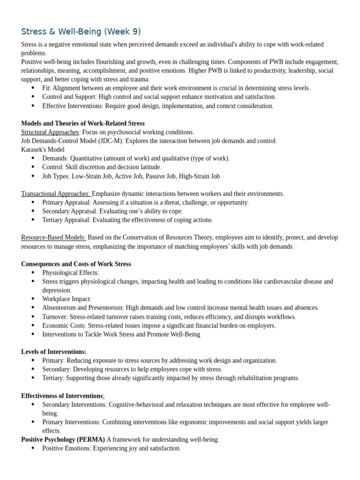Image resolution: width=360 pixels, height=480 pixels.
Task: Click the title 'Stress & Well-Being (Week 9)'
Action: [81, 32]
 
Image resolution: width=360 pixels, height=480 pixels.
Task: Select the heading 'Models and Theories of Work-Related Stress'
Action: [82, 123]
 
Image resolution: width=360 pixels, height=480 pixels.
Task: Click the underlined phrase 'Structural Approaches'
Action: [50, 132]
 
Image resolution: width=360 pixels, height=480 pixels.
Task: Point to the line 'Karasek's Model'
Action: [43, 150]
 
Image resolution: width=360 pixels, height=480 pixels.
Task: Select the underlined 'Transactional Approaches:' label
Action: [56, 194]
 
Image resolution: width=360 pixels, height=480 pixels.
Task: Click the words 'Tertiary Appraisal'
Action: [66, 220]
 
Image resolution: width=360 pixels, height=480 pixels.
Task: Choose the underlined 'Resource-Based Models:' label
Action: [53, 238]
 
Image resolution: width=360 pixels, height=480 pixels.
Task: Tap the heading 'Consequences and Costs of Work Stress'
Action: [76, 264]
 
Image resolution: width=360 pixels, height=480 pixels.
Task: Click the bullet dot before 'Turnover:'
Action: [33, 316]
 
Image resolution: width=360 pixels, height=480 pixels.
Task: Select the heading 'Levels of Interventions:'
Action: [53, 352]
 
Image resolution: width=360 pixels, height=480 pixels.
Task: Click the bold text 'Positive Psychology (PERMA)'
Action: [63, 440]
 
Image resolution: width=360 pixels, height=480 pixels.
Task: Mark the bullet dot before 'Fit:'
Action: [33, 88]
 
